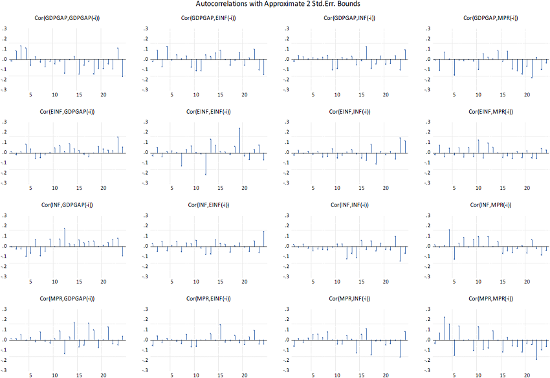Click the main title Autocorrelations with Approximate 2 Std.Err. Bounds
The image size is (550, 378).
pyautogui.click(x=275, y=4)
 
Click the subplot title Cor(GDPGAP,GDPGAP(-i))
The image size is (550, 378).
pyautogui.click(x=63, y=18)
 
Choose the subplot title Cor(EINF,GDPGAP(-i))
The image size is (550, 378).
pyautogui.click(x=63, y=112)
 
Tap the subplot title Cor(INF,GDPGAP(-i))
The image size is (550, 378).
pyautogui.click(x=63, y=205)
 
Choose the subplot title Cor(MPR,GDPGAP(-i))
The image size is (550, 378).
pyautogui.click(x=63, y=298)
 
